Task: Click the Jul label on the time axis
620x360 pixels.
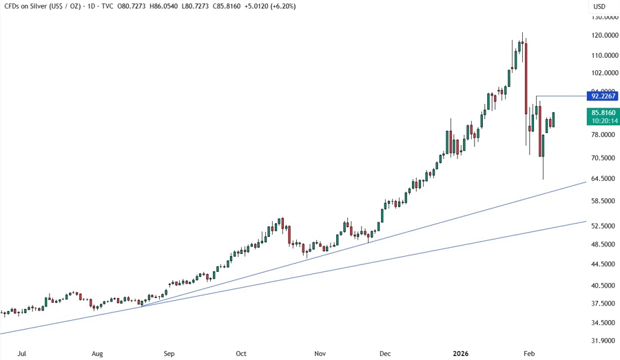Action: pyautogui.click(x=21, y=354)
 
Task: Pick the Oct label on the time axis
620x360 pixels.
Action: pyautogui.click(x=241, y=354)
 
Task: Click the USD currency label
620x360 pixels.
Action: pyautogui.click(x=599, y=7)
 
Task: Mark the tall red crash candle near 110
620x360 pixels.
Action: pyautogui.click(x=526, y=78)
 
